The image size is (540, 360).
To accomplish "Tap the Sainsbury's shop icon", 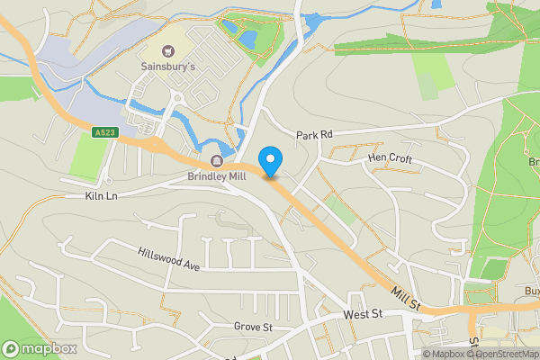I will tap(166, 50).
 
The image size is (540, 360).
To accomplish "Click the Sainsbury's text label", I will tap(167, 67).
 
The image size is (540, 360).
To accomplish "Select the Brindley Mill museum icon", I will tap(216, 162).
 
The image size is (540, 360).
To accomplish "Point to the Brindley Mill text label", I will tap(216, 177).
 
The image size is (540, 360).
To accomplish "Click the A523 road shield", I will tap(104, 132).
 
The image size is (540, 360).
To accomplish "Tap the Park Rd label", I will tap(315, 134).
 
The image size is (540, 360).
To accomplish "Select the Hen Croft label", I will tap(390, 158).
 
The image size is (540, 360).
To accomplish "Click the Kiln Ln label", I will tap(102, 194).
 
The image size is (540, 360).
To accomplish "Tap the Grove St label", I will tap(253, 326).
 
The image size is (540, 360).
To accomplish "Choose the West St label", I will tap(364, 314).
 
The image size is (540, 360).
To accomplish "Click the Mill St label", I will tap(406, 298).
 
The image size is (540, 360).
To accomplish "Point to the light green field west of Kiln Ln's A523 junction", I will tap(87, 155).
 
